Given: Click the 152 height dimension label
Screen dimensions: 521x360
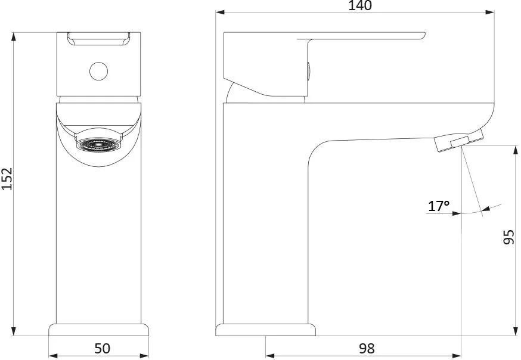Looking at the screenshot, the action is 7,179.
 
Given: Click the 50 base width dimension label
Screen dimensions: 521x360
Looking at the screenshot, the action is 102,348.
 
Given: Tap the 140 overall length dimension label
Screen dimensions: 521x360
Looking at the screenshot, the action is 360,5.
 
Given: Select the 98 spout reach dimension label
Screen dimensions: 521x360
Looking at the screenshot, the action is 367,348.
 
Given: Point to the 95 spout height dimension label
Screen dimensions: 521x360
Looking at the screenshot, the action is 508,237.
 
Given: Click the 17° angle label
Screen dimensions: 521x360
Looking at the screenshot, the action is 439,206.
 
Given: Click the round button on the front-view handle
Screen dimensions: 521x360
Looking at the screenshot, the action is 99,71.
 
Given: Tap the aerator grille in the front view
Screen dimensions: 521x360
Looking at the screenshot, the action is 99,144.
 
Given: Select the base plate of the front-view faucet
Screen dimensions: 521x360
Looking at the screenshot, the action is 99,330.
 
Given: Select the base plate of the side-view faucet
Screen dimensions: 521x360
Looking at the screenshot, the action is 265,330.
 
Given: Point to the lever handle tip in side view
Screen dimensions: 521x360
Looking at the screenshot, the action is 423,36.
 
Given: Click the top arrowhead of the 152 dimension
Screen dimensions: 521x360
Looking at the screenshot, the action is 14,36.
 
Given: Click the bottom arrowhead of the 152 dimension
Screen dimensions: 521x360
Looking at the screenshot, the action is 14,331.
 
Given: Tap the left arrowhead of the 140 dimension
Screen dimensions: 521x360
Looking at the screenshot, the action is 221,13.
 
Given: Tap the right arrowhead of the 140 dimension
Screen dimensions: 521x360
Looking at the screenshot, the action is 490,13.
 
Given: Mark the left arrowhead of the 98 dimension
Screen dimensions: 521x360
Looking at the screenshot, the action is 270,356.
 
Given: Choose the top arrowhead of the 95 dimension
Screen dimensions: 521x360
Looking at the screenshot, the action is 516,150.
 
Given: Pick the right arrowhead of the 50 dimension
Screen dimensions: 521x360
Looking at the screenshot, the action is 144,356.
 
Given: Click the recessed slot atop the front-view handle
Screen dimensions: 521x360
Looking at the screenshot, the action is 99,39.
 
